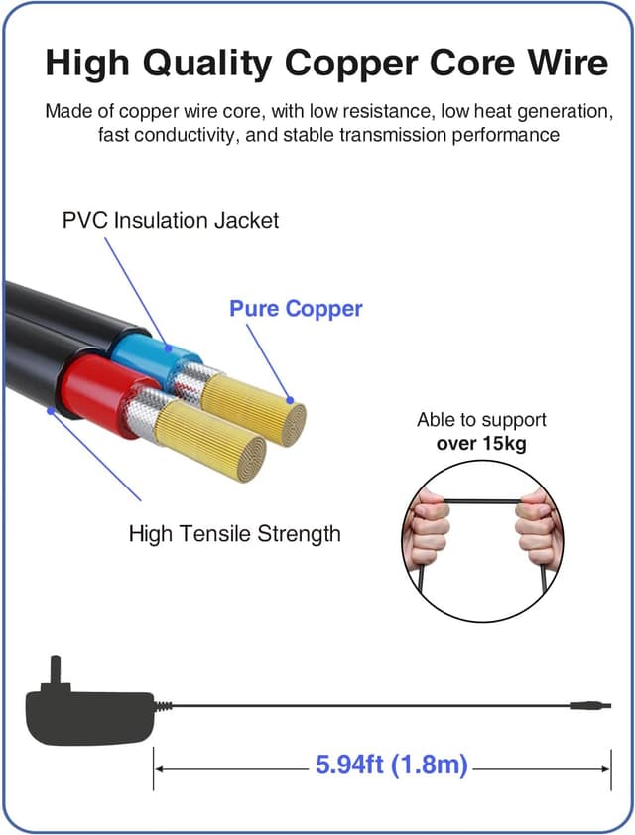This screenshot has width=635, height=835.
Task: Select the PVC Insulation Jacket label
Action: tap(171, 219)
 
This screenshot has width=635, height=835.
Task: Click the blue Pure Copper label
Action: tap(296, 308)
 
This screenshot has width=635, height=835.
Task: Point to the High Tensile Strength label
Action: tap(234, 533)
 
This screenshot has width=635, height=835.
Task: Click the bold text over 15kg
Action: tap(481, 443)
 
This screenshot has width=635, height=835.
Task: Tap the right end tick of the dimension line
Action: tap(610, 766)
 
